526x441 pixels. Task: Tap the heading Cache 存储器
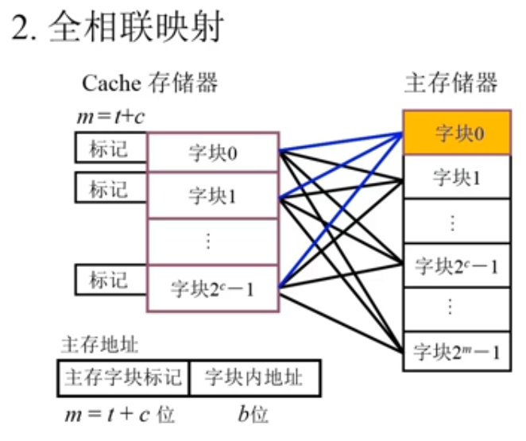click(x=149, y=82)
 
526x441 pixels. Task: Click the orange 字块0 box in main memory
click(x=456, y=133)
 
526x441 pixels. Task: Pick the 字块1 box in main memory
click(x=456, y=178)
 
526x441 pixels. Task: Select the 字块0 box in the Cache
click(x=212, y=152)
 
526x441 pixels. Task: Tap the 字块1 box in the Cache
click(x=212, y=195)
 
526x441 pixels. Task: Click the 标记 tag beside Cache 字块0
click(x=110, y=148)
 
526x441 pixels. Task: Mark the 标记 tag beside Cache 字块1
click(x=110, y=189)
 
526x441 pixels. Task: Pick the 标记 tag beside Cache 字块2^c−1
click(x=110, y=280)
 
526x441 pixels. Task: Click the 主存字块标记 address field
click(x=123, y=377)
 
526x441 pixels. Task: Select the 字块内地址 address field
click(x=253, y=377)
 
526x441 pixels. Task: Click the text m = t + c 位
click(x=119, y=415)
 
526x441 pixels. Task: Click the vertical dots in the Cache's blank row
click(x=209, y=239)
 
